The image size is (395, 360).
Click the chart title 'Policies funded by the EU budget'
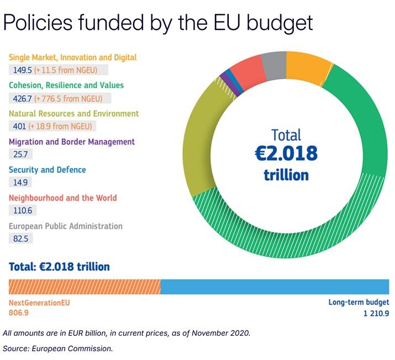pyautogui.click(x=157, y=23)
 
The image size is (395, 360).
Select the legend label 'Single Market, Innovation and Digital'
pyautogui.click(x=72, y=57)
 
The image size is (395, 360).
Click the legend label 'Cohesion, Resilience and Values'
pyautogui.click(x=66, y=85)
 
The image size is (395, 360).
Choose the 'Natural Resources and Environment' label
pyautogui.click(x=73, y=113)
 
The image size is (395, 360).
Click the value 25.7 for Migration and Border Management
pyautogui.click(x=20, y=154)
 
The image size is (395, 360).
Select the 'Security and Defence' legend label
pyautogui.click(x=47, y=170)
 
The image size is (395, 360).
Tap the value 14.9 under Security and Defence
pyautogui.click(x=20, y=182)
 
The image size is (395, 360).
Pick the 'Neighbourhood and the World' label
pyautogui.click(x=62, y=197)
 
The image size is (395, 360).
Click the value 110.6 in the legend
pyautogui.click(x=22, y=211)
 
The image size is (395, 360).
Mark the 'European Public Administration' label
pyautogui.click(x=65, y=226)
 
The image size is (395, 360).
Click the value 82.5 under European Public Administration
pyautogui.click(x=20, y=238)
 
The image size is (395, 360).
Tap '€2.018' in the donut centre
pyautogui.click(x=286, y=153)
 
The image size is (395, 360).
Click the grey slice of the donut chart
pyautogui.click(x=273, y=69)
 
